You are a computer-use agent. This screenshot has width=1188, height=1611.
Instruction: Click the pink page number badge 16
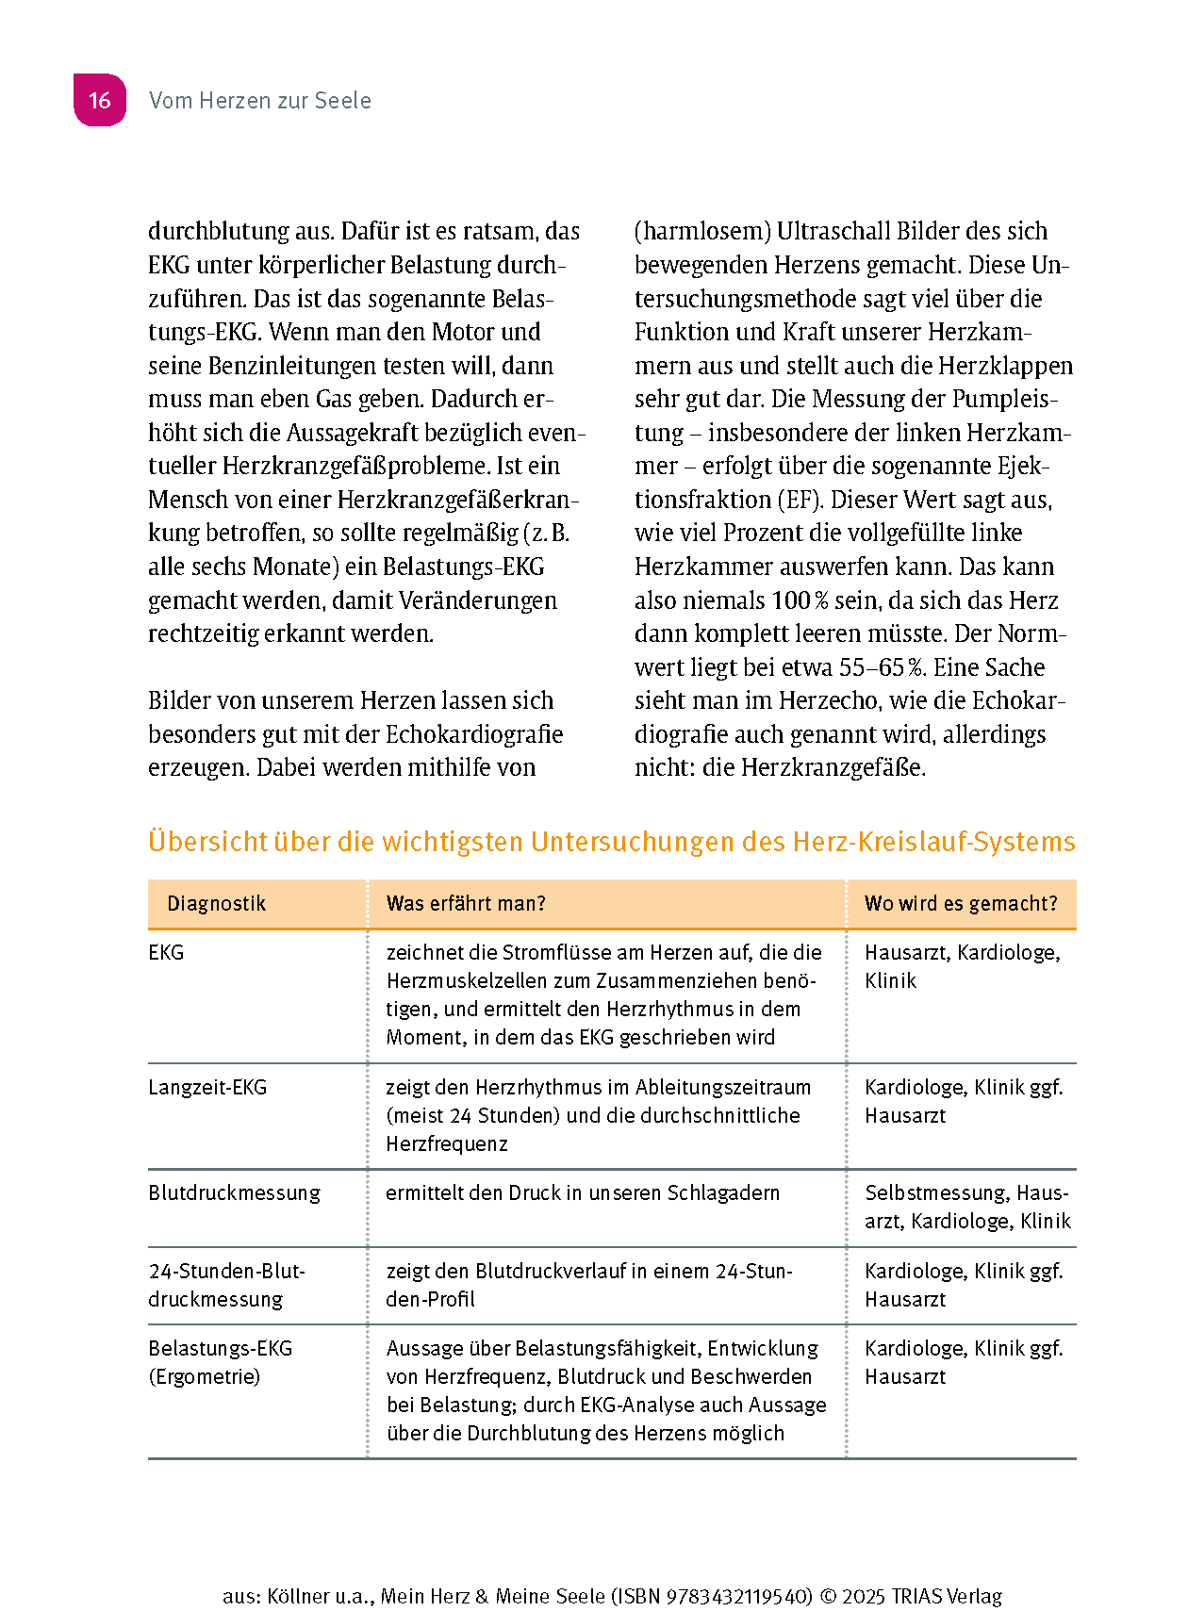tap(100, 100)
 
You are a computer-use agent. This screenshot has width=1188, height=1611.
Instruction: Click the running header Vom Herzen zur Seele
tap(260, 101)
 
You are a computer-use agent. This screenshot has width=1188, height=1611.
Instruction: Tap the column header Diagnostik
tap(217, 903)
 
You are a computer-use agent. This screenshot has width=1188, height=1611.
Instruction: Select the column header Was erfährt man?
tap(466, 903)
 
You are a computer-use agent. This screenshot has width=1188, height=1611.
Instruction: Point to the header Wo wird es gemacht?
tap(961, 903)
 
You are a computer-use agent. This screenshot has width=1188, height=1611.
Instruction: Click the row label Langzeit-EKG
tap(207, 1087)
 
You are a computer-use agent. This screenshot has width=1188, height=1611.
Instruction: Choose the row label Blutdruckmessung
tap(234, 1192)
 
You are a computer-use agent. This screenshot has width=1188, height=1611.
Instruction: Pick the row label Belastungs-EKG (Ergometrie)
tap(220, 1362)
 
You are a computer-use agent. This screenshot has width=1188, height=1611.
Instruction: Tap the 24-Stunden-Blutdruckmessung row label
tap(226, 1285)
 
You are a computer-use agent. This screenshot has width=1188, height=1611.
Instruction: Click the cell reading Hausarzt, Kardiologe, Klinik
tap(962, 966)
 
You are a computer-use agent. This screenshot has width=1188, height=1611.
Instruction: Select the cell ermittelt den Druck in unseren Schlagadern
tap(583, 1192)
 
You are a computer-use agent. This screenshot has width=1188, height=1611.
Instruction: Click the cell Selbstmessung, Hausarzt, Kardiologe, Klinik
tap(967, 1207)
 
